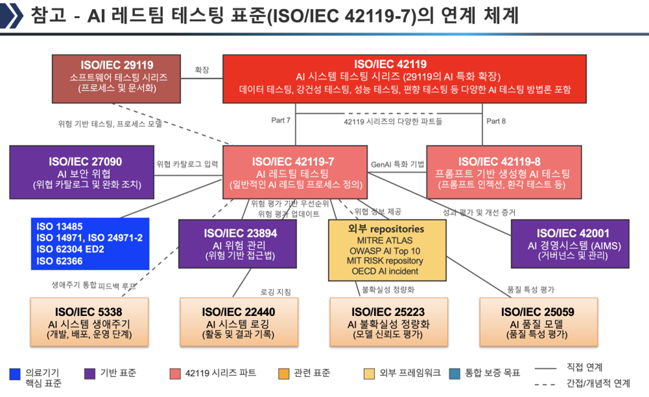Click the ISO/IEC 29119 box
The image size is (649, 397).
116,79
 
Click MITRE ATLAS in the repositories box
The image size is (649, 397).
385,240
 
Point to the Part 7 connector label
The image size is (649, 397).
280,120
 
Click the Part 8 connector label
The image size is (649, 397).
495,120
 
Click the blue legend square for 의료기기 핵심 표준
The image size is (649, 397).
15,374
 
